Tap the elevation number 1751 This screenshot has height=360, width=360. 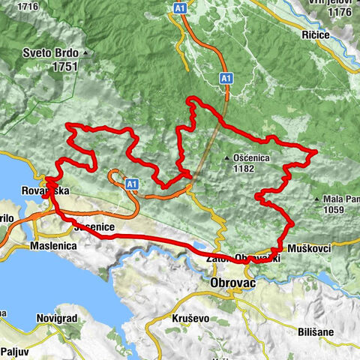point(66,66)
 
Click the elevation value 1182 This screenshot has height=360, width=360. point(244,169)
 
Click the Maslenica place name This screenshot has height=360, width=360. point(54,246)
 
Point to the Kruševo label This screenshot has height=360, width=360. point(185,318)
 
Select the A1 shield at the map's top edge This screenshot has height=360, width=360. point(180,7)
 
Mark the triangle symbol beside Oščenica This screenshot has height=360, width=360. point(227,157)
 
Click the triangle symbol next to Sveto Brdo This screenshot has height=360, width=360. point(86,53)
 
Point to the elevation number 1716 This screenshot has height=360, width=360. point(28,7)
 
